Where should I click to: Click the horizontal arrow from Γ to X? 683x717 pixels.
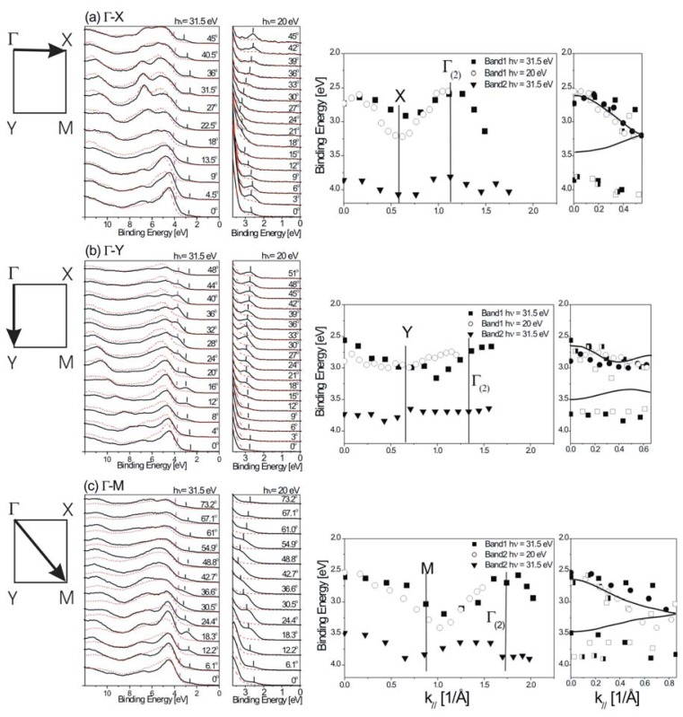point(40,53)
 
